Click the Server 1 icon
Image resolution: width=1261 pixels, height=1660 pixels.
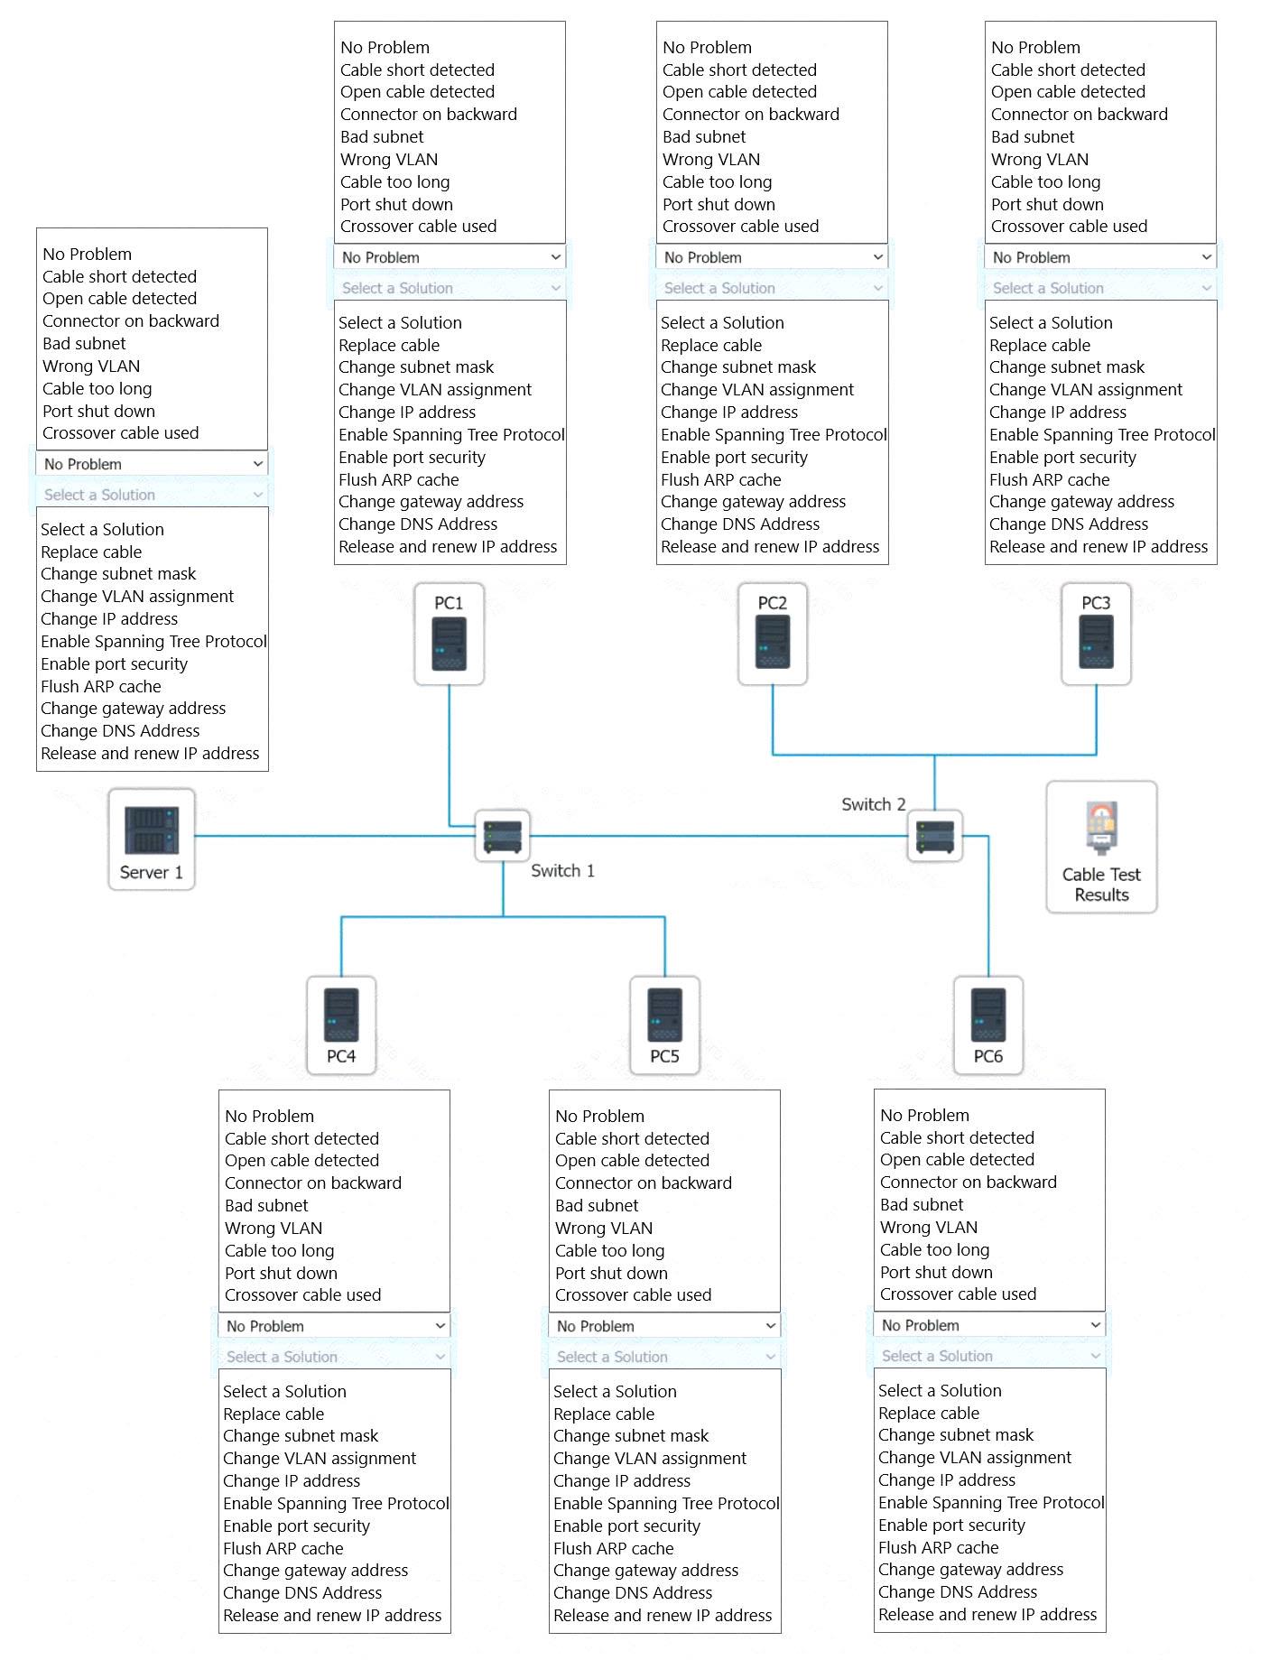point(152,839)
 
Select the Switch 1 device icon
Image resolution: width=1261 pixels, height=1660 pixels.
point(503,836)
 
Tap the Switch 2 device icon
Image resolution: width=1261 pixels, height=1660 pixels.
point(935,836)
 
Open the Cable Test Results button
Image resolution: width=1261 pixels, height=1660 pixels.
point(1101,847)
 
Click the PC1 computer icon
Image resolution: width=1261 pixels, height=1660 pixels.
point(450,634)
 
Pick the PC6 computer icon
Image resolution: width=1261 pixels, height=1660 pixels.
point(988,1025)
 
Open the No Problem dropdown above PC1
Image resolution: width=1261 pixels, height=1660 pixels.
point(450,257)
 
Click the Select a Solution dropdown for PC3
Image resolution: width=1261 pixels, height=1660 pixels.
point(1100,288)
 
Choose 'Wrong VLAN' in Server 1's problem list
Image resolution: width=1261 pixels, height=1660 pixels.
point(91,366)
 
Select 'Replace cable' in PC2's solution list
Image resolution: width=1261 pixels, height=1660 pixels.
point(711,345)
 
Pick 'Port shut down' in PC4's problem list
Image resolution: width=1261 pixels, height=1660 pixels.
point(281,1273)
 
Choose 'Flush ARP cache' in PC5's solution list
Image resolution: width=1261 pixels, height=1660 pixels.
point(614,1548)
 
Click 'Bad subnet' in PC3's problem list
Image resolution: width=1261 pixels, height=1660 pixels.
point(1033,136)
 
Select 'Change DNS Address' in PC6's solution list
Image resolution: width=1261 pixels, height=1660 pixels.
point(958,1591)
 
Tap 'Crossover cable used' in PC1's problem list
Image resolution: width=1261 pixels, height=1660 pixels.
point(419,226)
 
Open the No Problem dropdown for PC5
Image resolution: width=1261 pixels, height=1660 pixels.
point(664,1326)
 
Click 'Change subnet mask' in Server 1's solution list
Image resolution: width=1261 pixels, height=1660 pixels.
point(118,573)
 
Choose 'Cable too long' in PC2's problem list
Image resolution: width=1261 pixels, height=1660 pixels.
point(718,181)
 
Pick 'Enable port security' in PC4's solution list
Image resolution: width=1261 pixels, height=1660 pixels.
point(296,1526)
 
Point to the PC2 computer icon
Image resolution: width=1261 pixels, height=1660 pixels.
point(773,634)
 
